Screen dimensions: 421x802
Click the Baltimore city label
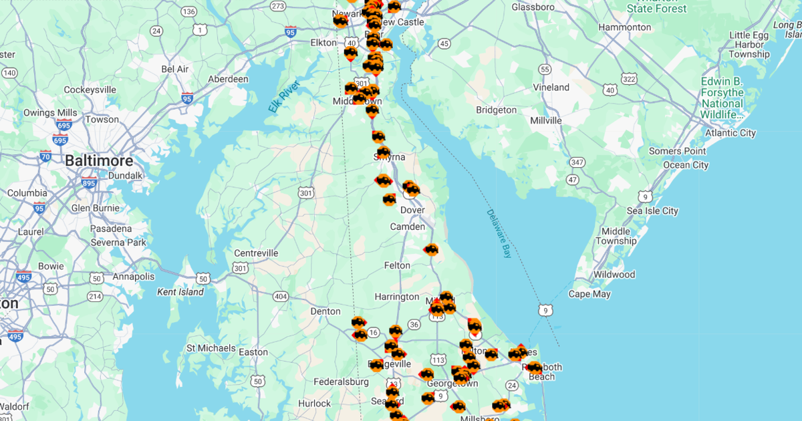coord(99,161)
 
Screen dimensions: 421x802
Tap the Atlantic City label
coord(730,133)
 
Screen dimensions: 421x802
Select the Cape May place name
coord(589,294)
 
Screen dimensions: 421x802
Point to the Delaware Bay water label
coord(499,234)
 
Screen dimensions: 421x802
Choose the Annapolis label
coord(134,277)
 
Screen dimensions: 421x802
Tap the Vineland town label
coord(551,88)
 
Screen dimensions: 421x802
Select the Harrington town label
coord(397,297)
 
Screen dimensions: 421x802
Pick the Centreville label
coord(256,253)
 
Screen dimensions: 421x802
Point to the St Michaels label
coord(211,348)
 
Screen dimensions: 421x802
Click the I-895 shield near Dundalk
coord(89,182)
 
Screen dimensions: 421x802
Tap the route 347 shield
coord(578,162)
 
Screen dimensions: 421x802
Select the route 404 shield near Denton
coord(281,296)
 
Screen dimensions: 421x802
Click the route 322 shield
coord(629,79)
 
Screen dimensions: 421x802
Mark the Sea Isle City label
coord(652,211)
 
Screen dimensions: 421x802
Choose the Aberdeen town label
coord(228,79)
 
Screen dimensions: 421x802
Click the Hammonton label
coord(625,27)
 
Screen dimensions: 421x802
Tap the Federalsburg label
coord(341,382)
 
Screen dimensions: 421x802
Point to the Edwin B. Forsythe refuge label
coord(722,98)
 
